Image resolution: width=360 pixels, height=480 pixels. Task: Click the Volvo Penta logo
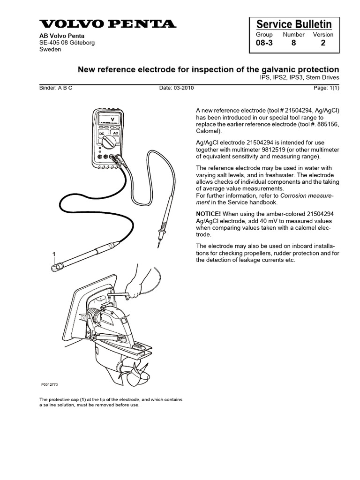[107, 24]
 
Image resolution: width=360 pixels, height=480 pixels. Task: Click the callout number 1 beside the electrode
[54, 254]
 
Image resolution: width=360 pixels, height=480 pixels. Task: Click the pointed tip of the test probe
[158, 245]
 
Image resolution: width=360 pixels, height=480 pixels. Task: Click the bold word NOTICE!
[208, 213]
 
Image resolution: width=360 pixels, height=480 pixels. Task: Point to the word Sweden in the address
[50, 49]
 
